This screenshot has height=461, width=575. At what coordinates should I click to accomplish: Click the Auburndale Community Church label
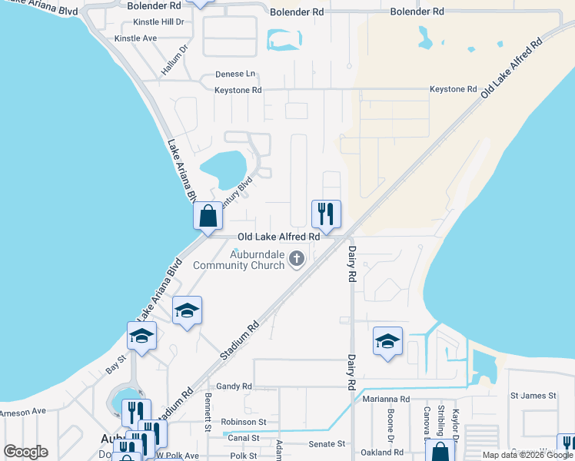(238, 260)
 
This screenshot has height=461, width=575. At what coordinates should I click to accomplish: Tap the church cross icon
(297, 260)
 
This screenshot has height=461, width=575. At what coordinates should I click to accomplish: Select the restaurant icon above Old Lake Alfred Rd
(326, 213)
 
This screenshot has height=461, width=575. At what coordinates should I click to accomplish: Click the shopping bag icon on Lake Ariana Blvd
(208, 215)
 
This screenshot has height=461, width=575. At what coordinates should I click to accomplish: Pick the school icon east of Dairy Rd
(387, 340)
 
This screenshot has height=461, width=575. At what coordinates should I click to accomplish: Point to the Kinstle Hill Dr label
(159, 22)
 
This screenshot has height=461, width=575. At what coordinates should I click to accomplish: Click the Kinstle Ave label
(135, 38)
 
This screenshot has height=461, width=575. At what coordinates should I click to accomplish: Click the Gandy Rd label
(234, 386)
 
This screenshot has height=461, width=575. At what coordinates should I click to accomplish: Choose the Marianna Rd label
(382, 400)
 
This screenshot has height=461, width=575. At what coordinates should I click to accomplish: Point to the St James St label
(533, 396)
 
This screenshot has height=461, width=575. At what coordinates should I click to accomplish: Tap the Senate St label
(327, 444)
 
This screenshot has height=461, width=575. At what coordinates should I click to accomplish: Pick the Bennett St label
(208, 413)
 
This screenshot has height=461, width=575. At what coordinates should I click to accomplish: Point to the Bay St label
(115, 368)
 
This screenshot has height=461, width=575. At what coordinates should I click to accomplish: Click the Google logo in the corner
(25, 452)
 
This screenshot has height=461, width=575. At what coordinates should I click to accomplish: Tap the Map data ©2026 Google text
(528, 455)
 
